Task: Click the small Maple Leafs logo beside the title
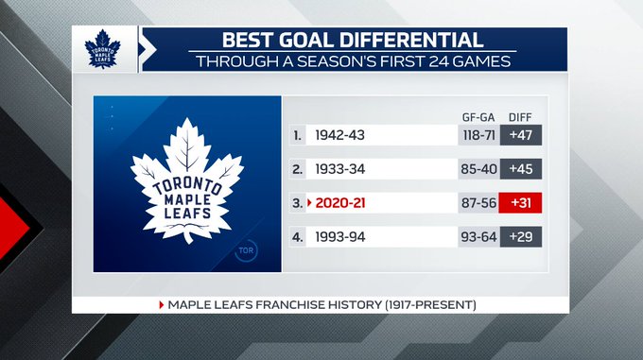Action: point(102,49)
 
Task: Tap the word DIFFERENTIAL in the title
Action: point(411,40)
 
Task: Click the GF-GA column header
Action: point(478,117)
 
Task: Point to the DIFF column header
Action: point(520,117)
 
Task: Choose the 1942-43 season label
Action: point(340,135)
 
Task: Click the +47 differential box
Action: point(521,135)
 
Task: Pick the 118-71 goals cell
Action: point(479,135)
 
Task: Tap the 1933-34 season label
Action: point(340,169)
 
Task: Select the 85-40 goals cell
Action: point(479,169)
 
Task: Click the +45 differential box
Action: point(521,169)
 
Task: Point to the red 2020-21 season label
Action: point(340,203)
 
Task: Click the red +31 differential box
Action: point(520,203)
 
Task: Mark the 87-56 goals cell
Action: point(478,203)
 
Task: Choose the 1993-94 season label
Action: point(340,237)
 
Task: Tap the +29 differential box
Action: point(521,237)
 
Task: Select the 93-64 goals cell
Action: point(479,237)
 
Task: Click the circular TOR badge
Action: point(246,250)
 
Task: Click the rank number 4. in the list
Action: point(297,237)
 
